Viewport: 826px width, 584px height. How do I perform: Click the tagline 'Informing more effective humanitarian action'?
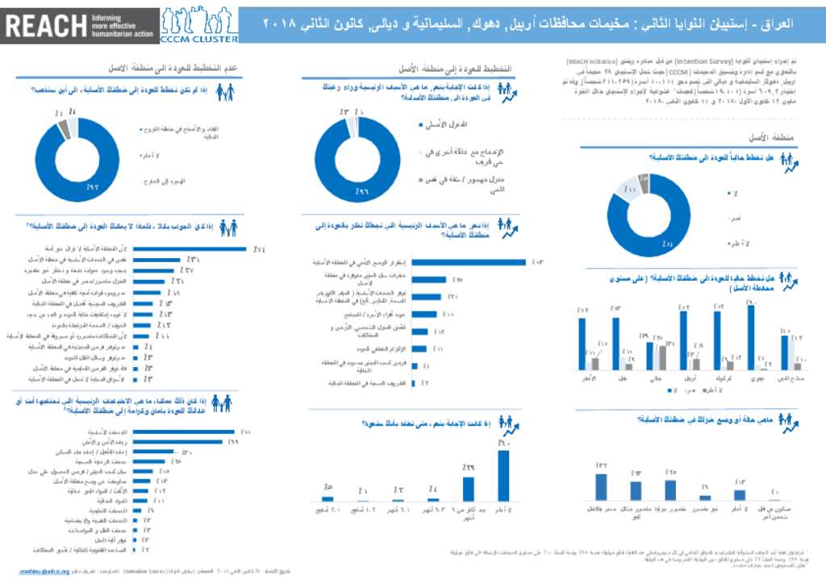pyautogui.click(x=120, y=25)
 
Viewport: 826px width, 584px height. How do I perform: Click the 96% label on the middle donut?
pyautogui.click(x=363, y=192)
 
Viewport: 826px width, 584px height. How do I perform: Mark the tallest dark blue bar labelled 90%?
pyautogui.click(x=751, y=338)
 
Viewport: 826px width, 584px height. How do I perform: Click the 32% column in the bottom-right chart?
pyautogui.click(x=600, y=486)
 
